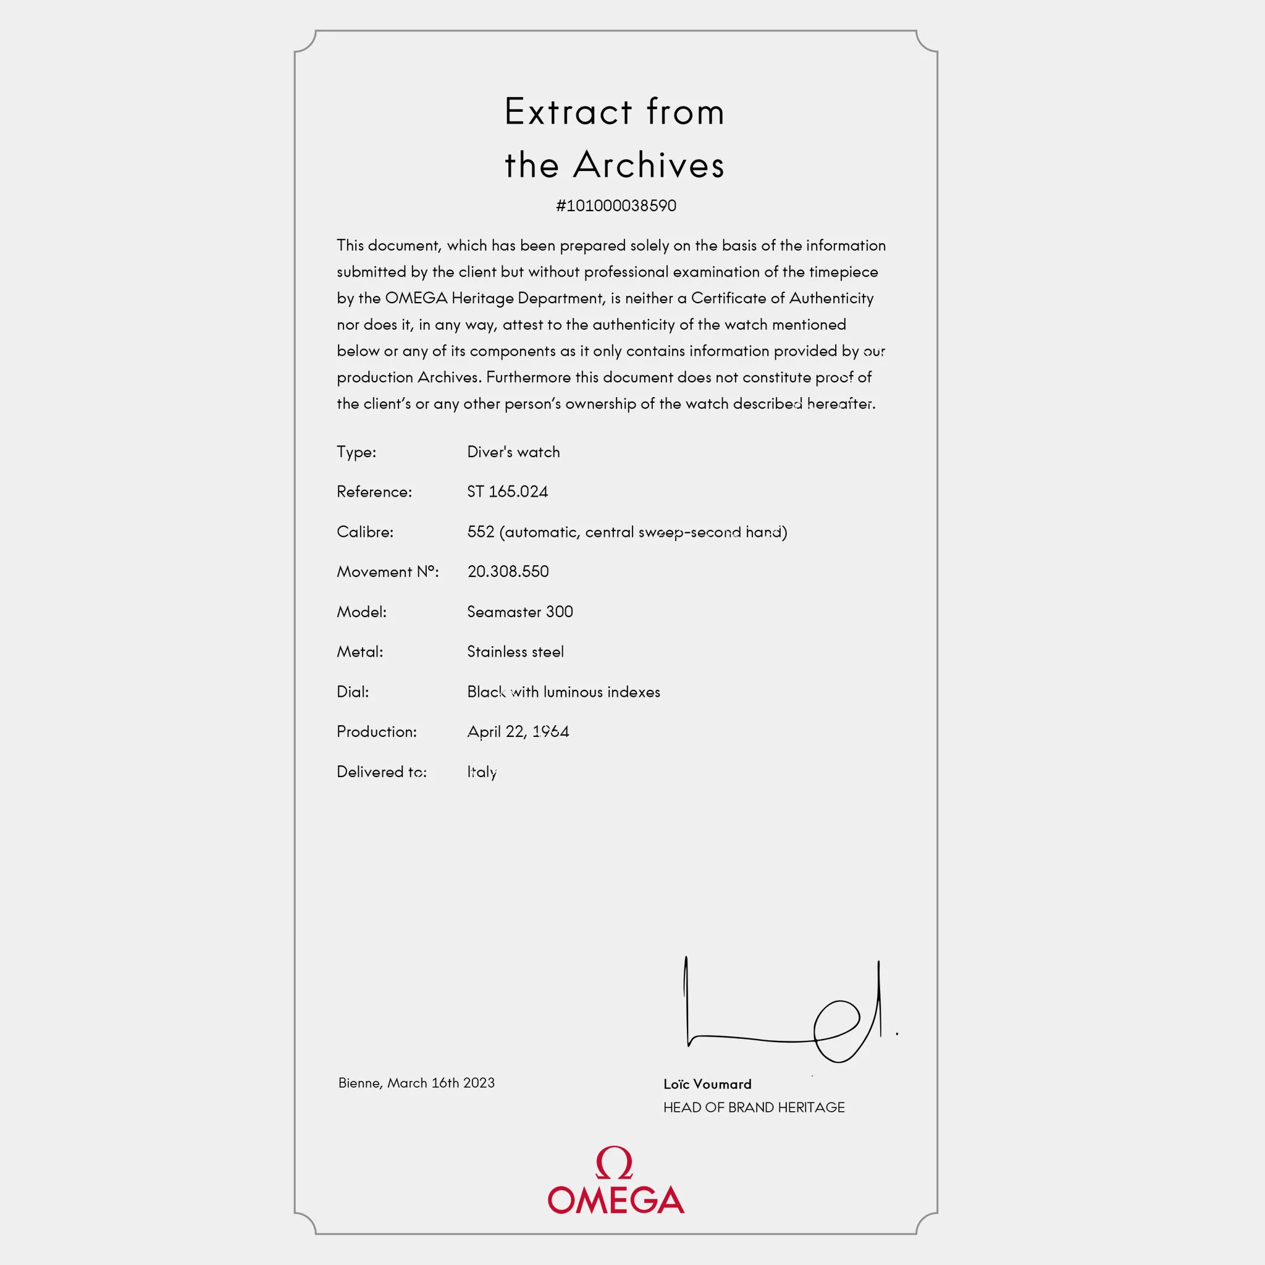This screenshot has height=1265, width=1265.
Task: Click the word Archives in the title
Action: pos(649,164)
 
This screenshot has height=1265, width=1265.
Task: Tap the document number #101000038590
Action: pos(615,206)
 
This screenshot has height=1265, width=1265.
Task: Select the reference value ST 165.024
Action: pos(508,492)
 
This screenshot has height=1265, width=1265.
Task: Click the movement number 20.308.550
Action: pos(508,571)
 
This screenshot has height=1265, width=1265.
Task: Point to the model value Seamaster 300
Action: pos(520,611)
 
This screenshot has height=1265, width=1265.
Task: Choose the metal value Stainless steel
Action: pos(515,652)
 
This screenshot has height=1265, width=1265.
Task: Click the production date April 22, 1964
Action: pos(518,731)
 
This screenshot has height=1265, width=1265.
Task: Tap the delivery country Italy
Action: pos(482,772)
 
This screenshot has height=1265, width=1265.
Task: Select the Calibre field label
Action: pos(364,532)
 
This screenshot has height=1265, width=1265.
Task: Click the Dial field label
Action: pos(352,691)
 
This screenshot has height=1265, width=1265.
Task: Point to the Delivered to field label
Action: pos(381,772)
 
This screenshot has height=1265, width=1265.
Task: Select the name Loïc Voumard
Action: pos(707,1084)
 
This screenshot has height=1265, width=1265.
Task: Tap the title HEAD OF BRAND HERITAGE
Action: pos(754,1107)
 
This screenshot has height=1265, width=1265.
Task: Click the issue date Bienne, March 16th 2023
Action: pos(416,1083)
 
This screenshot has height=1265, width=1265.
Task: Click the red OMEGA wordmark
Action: pos(615,1200)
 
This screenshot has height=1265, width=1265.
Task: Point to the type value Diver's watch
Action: pos(513,452)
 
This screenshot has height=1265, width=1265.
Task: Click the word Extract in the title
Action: pos(568,111)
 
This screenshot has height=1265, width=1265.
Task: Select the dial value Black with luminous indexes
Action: pos(563,691)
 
